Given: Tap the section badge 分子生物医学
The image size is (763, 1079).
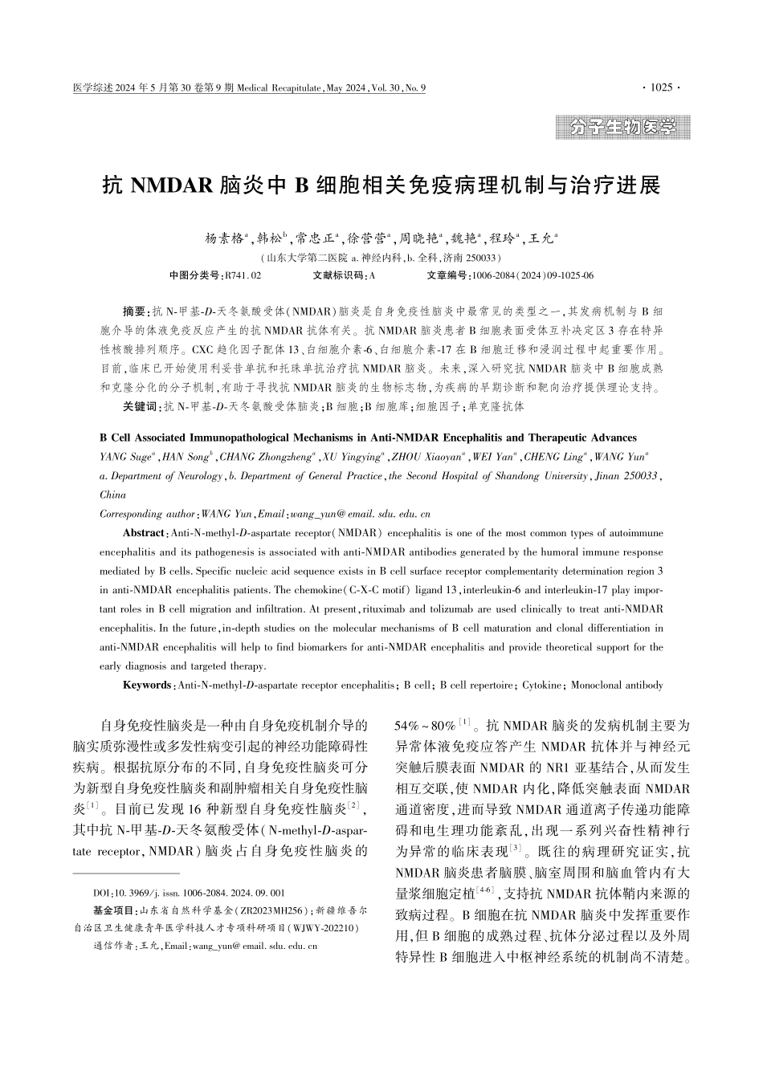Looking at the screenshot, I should click(622, 127).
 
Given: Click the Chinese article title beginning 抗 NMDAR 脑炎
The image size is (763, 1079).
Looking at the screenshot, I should click(381, 185).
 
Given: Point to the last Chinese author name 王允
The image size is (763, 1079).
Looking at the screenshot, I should click(544, 238).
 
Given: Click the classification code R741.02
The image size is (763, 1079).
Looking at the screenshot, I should click(243, 275).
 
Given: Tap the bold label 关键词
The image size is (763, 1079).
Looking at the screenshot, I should click(141, 406).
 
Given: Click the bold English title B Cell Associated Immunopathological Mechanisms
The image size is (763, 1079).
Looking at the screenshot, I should click(368, 438).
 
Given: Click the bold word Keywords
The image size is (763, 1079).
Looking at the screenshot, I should click(147, 686).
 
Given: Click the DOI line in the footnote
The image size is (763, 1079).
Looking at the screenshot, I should click(189, 893).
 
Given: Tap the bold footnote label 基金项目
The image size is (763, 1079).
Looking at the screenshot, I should click(114, 910).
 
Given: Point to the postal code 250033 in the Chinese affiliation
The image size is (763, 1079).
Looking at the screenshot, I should click(482, 258).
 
